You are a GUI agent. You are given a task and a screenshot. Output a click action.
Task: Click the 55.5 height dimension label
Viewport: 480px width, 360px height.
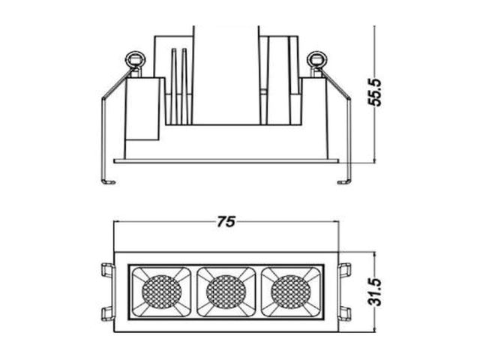[x=375, y=92]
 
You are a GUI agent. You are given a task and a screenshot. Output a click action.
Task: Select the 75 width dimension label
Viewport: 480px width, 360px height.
[x=226, y=222]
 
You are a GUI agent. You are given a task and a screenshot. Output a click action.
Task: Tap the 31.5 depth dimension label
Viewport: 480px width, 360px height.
[x=375, y=292]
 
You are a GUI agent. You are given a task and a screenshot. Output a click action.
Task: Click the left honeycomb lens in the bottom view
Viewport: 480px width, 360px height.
[x=162, y=292]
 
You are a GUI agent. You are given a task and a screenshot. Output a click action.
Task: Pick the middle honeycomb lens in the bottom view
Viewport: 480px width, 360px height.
[x=226, y=292]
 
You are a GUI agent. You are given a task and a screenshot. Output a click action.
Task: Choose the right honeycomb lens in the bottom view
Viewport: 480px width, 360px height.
[x=290, y=292]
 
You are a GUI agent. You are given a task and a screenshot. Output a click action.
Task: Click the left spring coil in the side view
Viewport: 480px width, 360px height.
[x=135, y=59]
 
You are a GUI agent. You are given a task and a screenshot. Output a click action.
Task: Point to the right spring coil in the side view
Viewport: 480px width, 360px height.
[x=316, y=59]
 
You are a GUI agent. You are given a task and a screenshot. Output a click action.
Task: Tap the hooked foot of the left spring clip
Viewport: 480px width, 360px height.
[x=109, y=182]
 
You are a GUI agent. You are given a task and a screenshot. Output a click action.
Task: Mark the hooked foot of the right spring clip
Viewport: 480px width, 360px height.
[x=344, y=182]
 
